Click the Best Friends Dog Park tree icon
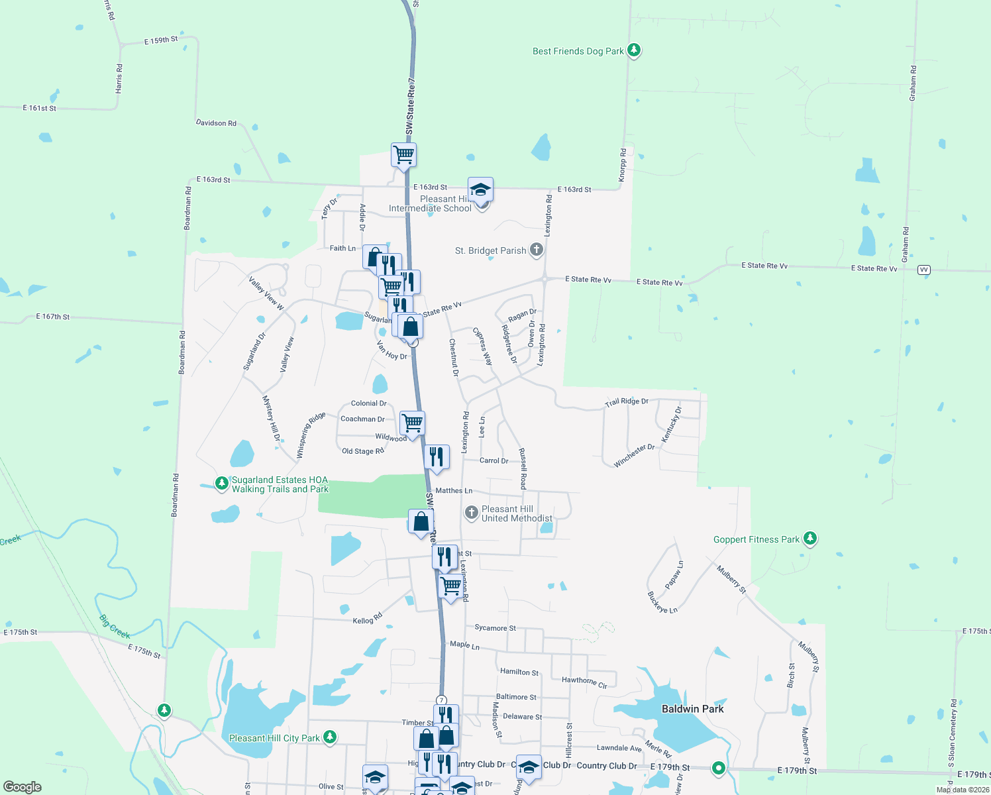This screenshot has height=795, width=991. pos(634,50)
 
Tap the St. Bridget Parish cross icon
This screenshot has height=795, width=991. pos(537,250)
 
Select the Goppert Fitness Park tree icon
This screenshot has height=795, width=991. pos(809,539)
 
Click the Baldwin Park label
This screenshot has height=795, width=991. pos(692,709)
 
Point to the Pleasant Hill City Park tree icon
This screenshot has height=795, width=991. pos(329,737)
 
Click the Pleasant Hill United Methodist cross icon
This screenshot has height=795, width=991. pos(471,512)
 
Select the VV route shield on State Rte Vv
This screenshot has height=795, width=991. pos(924,270)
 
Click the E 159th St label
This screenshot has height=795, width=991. pos(161,40)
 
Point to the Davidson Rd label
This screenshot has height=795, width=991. pos(216,123)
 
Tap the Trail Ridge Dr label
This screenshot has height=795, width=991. pos(626,402)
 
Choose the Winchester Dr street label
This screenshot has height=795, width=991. pos(633,456)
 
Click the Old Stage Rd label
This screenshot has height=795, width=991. pos(362,451)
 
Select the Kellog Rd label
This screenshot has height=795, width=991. pos(368,619)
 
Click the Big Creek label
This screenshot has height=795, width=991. pos(115,627)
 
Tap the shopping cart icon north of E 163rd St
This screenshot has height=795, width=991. pos(403,155)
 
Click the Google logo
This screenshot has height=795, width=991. pos(23,787)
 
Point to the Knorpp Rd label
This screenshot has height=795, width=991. pos(623,165)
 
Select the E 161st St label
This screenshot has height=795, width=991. pos(40,108)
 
